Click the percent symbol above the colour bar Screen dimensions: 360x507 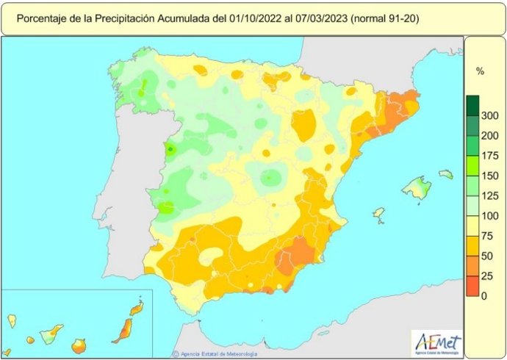pos(480,72)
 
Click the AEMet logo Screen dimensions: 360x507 pos(438,342)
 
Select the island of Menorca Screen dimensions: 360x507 pos(446,174)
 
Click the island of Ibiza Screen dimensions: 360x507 pos(378,214)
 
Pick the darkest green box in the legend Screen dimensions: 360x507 pos(472,105)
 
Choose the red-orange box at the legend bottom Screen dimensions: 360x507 pos(472,287)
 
